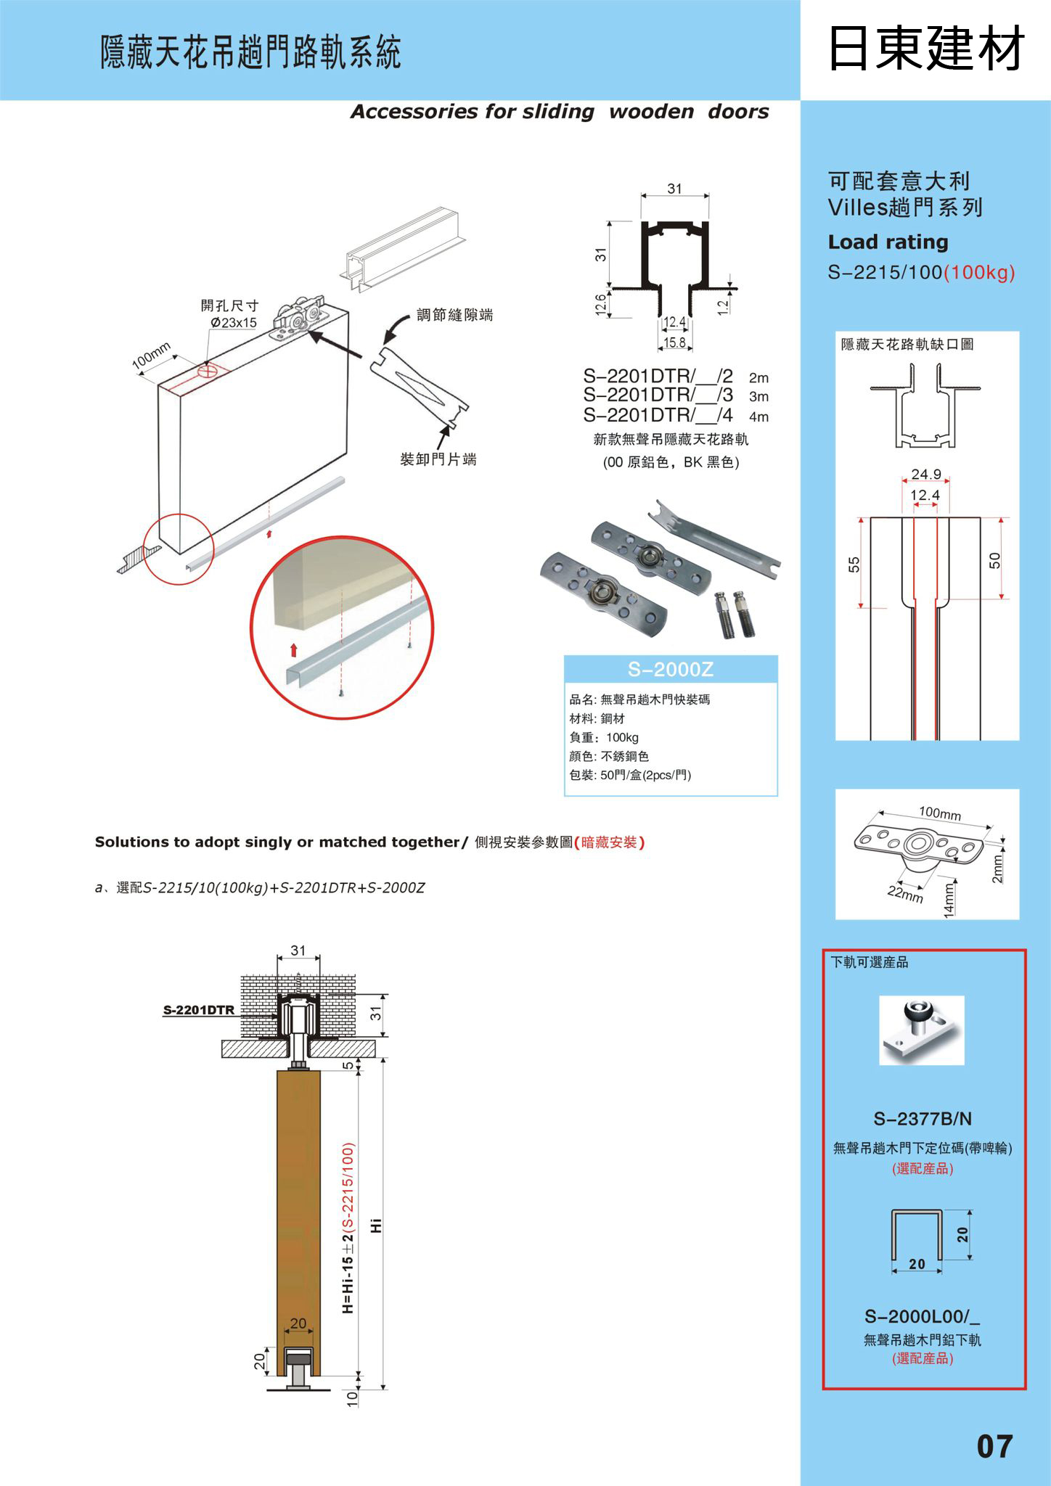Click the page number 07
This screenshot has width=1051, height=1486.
(994, 1446)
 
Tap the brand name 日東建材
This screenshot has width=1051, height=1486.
(925, 49)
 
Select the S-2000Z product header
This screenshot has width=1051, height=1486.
(671, 669)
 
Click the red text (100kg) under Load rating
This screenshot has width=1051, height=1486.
(979, 273)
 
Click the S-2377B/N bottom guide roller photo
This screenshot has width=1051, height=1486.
(922, 1030)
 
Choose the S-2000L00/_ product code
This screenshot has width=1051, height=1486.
(922, 1315)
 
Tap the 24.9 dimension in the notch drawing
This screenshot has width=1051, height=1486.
(925, 475)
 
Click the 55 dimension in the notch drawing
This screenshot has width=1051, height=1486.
(854, 564)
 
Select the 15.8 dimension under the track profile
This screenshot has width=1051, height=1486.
(674, 342)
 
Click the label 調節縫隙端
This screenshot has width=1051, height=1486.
(454, 315)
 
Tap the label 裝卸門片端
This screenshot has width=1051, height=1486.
(438, 459)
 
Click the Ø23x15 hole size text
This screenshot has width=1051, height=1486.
(234, 323)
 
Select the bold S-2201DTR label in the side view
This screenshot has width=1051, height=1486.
(198, 1010)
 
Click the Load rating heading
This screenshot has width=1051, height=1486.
(888, 242)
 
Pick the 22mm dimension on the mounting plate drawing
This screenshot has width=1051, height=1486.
(905, 894)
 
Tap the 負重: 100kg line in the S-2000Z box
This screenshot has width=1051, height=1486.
(604, 737)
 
